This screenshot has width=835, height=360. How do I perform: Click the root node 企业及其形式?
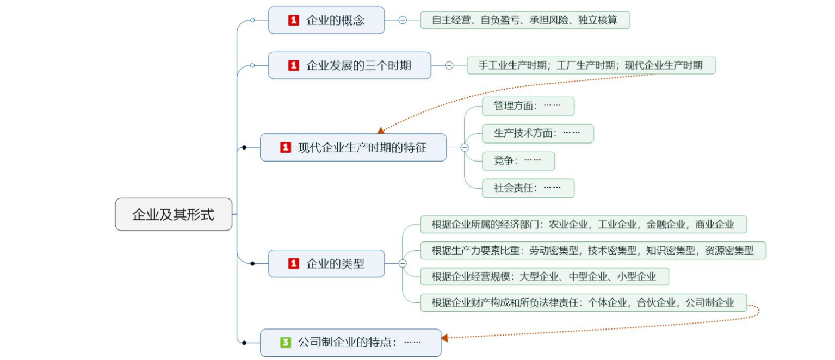[x=174, y=214]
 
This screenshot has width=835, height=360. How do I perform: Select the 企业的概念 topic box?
[x=326, y=21]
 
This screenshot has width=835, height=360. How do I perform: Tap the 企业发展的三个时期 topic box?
[x=349, y=65]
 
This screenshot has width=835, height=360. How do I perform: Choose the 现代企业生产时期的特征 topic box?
[x=353, y=147]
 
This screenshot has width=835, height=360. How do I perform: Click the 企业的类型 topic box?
[x=326, y=264]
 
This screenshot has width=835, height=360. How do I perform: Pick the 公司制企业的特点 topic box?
[x=350, y=343]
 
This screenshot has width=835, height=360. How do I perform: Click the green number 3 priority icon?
[x=286, y=343]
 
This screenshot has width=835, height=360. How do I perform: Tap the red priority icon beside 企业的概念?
[x=294, y=21]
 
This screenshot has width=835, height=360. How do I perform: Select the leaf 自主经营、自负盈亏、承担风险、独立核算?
[x=525, y=20]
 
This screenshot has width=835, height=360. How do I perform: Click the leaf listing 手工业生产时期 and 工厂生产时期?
[x=591, y=65]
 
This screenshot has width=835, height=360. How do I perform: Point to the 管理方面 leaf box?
[x=528, y=106]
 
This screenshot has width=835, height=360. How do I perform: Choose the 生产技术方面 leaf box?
[x=537, y=133]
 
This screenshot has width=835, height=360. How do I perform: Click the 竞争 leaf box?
[x=518, y=161]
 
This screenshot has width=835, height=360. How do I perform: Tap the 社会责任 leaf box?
[x=528, y=188]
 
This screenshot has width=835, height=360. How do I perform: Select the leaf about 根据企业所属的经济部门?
[x=583, y=224]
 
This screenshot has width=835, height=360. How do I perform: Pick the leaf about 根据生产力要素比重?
[x=593, y=250]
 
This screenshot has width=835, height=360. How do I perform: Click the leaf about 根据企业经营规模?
[x=544, y=276]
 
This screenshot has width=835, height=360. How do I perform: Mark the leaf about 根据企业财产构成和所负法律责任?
[x=583, y=302]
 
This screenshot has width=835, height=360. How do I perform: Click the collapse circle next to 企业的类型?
[x=403, y=264]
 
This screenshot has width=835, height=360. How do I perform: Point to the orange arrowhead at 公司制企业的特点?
[x=444, y=338]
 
